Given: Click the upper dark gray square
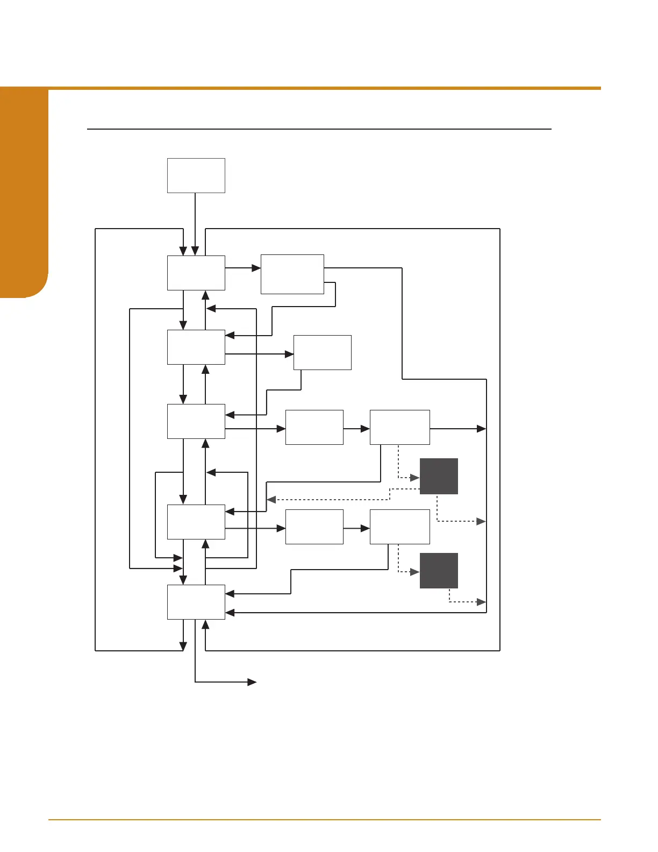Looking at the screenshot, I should (x=439, y=476).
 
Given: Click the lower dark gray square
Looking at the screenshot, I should (x=439, y=570).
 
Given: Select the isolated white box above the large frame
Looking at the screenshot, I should (x=196, y=175).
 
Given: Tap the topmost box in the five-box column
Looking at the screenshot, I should (x=196, y=273).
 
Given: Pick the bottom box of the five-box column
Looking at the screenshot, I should (x=196, y=602).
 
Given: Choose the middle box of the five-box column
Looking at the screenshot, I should (x=196, y=421).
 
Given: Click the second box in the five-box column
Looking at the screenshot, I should (x=196, y=347).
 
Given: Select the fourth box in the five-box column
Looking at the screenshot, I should (x=196, y=522).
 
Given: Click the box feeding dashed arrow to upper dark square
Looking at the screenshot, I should (x=399, y=427).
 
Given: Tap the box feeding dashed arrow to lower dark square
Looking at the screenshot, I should (x=399, y=527).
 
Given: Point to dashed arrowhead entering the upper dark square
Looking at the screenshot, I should (x=415, y=478).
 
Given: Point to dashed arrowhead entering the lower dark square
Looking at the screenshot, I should (x=415, y=572).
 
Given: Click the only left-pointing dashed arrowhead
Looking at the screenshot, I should (x=271, y=500).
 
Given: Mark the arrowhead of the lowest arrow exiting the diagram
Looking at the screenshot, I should (x=252, y=682).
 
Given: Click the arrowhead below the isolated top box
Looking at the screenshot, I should (x=195, y=251).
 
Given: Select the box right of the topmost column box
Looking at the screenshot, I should (x=292, y=274).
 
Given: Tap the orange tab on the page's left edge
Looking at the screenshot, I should (x=24, y=194).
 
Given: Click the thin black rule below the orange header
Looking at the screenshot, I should (x=319, y=129).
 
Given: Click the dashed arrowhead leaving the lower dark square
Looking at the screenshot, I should (x=482, y=602).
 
